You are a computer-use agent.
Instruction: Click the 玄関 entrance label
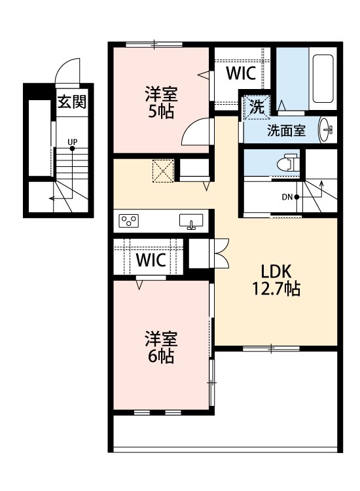click(72, 101)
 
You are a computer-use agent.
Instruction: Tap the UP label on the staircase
click(72, 142)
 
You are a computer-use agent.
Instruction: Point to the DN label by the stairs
click(287, 197)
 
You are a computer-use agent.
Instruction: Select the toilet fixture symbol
click(288, 162)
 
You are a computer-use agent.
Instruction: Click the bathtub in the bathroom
click(323, 79)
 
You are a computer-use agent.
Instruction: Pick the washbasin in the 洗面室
click(326, 130)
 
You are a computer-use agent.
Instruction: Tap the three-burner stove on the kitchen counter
click(129, 221)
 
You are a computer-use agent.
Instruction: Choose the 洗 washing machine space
click(257, 107)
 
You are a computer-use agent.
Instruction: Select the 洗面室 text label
click(286, 130)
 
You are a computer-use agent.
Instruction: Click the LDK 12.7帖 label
click(276, 280)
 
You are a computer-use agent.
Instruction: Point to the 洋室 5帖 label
click(161, 102)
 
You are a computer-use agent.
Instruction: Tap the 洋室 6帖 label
click(161, 347)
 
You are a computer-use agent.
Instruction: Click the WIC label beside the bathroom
click(241, 73)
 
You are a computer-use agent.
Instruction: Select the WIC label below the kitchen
click(151, 260)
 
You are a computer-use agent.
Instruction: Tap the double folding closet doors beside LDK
click(221, 253)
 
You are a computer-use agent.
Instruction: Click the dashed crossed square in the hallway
click(163, 171)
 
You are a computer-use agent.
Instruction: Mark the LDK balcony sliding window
click(271, 348)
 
